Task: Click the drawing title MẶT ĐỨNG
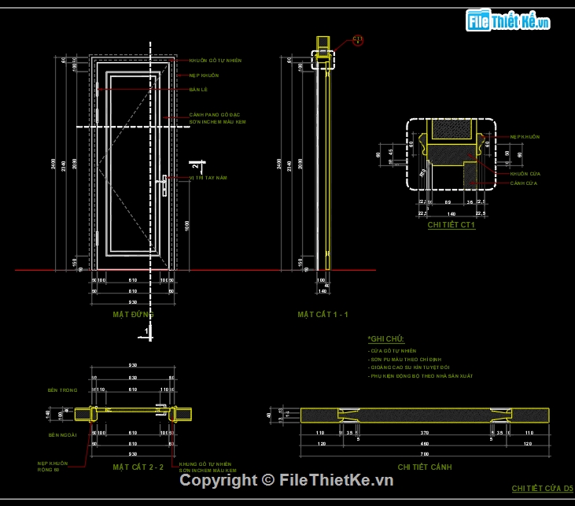coord(132,314)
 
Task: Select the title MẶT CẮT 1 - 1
coord(323,315)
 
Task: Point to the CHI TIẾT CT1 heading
coord(452,224)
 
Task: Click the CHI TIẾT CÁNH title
coord(425,467)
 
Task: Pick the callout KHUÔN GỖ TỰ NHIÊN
coord(215,61)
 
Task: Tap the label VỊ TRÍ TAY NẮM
coord(208,178)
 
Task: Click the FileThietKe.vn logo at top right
coord(508,21)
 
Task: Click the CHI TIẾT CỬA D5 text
coord(543,489)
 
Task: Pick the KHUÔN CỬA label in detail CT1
coord(519,173)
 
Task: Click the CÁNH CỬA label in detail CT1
coord(519,183)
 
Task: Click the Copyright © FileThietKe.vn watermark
coord(287,480)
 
